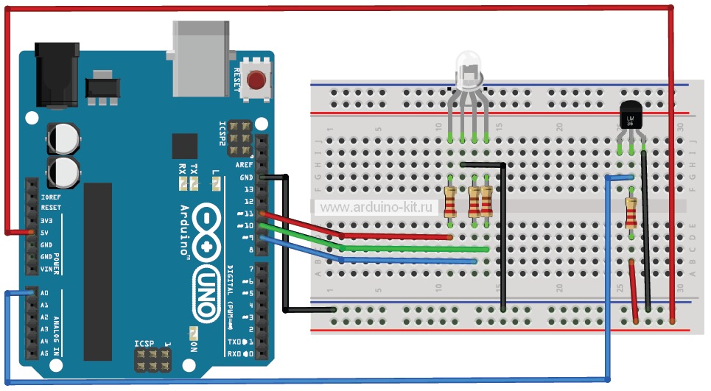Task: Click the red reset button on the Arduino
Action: coord(256,79)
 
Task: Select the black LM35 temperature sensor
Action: coord(631,119)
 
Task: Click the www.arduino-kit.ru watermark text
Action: coord(376,208)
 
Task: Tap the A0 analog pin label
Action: coord(45,293)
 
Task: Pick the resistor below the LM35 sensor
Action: coord(631,213)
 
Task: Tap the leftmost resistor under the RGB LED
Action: coord(450,202)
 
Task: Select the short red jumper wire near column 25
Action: coord(634,291)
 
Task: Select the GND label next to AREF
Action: coord(246,177)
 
